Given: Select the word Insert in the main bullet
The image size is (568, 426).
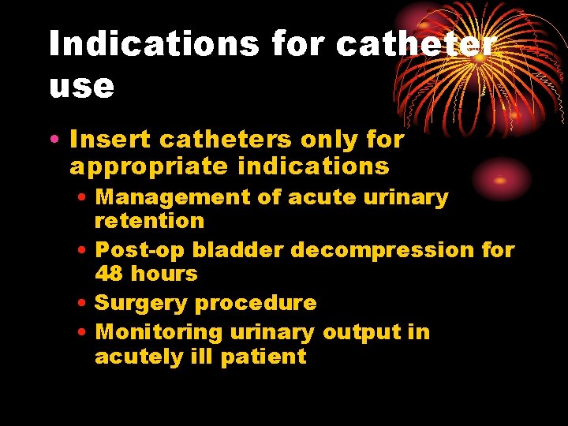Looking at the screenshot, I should coord(110,140).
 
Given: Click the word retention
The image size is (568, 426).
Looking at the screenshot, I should coord(149,221).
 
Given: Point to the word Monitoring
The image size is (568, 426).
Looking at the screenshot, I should coord(159,332).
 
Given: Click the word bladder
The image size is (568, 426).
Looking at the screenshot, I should coord(238,250).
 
